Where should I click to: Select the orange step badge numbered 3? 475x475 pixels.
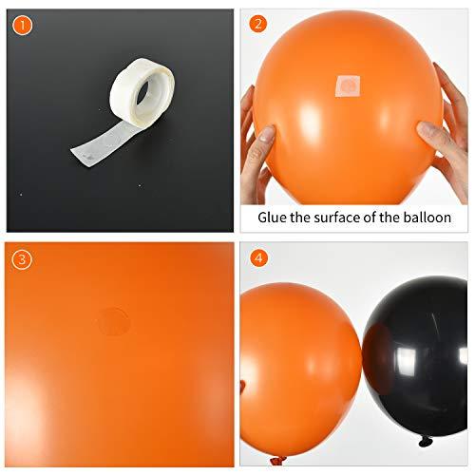coord(21,257)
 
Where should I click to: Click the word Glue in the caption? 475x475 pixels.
coord(275,218)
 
